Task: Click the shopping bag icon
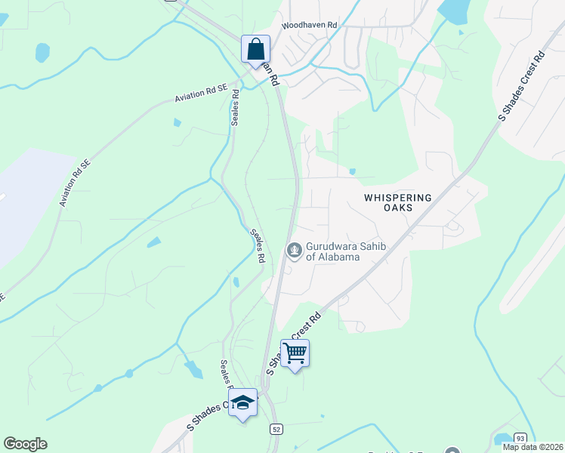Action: [256, 50]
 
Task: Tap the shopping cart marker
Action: [295, 353]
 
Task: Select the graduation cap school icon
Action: [242, 402]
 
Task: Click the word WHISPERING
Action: [397, 197]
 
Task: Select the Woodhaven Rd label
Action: [310, 25]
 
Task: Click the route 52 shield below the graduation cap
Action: [276, 429]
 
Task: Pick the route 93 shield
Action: [520, 439]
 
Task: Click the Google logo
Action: [25, 444]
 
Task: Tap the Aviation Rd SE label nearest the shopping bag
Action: [201, 93]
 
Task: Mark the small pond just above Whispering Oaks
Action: [352, 171]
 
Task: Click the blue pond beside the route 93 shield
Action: [502, 439]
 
